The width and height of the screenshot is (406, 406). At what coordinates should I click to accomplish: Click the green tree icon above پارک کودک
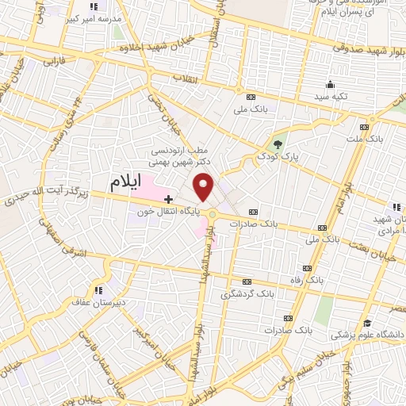click(x=277, y=144)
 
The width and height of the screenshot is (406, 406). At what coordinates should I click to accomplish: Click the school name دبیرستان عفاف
click(x=101, y=301)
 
